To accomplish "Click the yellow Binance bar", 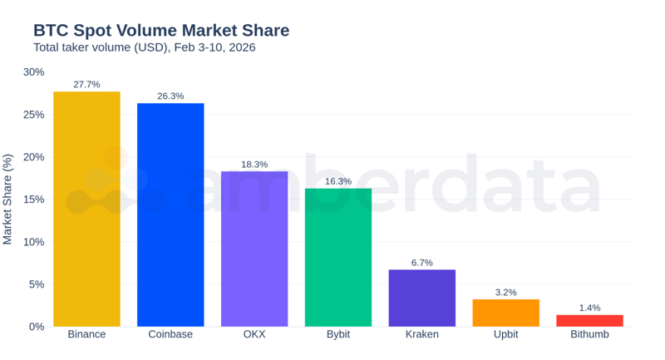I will tap(86, 209).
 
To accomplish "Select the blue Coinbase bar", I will tap(170, 215).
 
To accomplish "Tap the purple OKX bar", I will tap(254, 249).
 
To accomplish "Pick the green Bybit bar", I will tap(338, 257).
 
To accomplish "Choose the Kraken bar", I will tap(421, 298).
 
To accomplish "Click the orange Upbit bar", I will tap(505, 313).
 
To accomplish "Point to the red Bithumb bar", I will tap(589, 320).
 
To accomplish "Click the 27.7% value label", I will tap(86, 85).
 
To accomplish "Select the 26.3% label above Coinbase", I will tap(170, 96).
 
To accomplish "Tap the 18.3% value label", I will tap(254, 165).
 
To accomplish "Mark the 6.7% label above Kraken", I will tap(421, 263).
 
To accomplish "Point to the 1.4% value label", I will tap(589, 308).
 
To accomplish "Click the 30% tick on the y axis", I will tap(33, 72).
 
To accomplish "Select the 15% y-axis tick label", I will tap(33, 200).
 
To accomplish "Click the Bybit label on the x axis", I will tap(338, 334).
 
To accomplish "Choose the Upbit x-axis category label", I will tap(505, 334).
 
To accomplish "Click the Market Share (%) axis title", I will tap(8, 200).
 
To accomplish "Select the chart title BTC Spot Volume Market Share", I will tap(161, 31).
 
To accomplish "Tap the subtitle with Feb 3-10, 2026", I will tap(144, 47).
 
